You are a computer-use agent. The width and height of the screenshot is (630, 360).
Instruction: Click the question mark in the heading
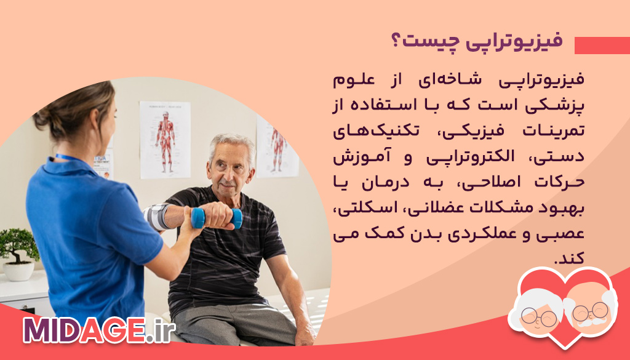point(396,42)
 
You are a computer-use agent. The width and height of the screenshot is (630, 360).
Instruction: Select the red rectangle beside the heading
point(602,46)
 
